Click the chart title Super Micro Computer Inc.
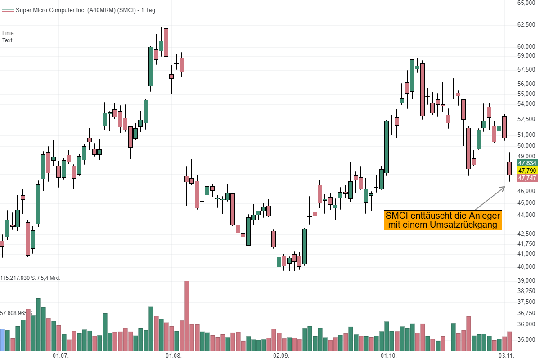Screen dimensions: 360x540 tap(85, 10)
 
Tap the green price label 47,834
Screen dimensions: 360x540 tap(527, 163)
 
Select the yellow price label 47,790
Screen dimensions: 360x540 tap(527, 171)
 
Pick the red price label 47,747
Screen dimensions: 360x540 tap(527, 178)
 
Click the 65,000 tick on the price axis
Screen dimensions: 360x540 tap(526, 3)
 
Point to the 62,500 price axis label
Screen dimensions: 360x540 tap(526, 24)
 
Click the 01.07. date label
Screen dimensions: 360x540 tap(60, 355)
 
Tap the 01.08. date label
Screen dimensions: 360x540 tap(174, 355)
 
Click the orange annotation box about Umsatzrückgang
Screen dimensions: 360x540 tap(442, 220)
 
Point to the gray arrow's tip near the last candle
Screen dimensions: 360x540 tap(505, 186)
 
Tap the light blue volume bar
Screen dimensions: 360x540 tap(2, 340)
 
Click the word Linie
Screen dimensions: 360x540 tap(8, 33)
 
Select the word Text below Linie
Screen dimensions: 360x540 tap(7, 40)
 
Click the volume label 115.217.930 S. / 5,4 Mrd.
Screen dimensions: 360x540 tap(31, 278)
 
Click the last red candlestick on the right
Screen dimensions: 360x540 tap(509, 168)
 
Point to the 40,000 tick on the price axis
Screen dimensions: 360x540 tap(526, 266)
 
